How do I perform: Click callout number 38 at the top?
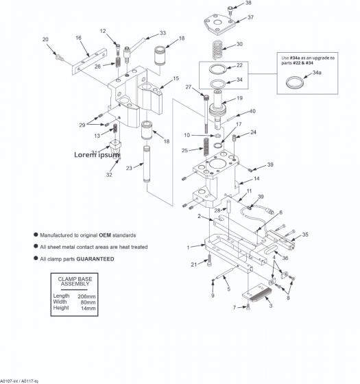coord(248,3)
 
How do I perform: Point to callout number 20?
coord(45,40)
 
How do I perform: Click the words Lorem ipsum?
coord(97,155)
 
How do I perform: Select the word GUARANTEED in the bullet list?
coord(95,259)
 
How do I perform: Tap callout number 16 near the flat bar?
coord(78,38)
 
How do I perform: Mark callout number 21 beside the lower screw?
coord(194,263)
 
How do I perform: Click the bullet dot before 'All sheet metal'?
coord(35,246)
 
